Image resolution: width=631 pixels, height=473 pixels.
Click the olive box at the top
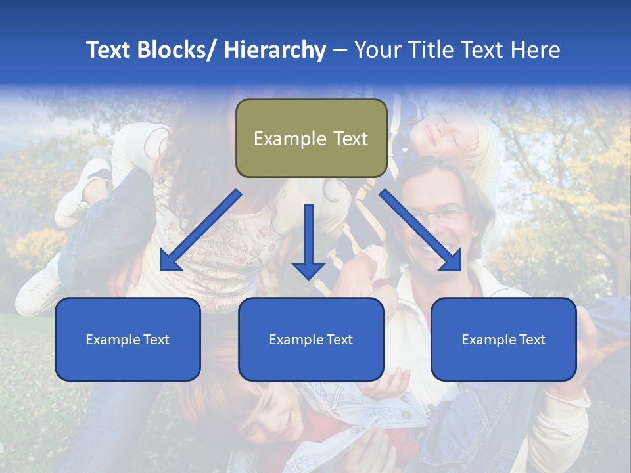pos(311,138)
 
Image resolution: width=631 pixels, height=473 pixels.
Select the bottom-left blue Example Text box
pos(128,339)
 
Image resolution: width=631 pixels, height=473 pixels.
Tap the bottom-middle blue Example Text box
pos(311,339)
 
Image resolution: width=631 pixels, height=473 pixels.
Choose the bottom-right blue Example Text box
pos(503,339)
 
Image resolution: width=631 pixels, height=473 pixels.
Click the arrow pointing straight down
pos(308,243)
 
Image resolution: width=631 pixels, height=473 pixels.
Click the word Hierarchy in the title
pos(275,50)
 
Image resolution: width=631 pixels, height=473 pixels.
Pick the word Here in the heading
pos(537,50)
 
